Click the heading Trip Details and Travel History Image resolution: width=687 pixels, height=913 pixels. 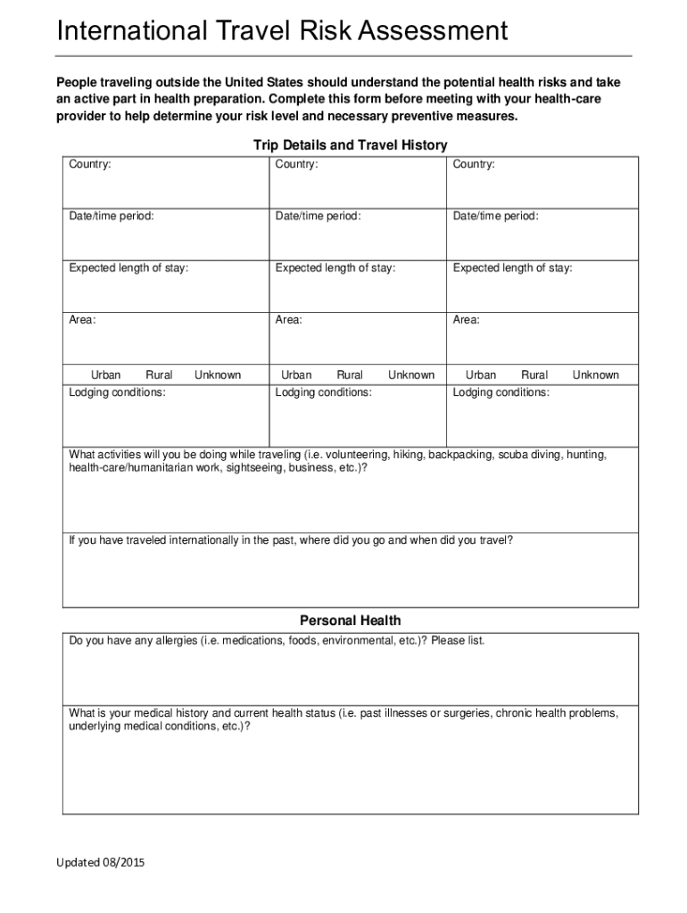pyautogui.click(x=350, y=144)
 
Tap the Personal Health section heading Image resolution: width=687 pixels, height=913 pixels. pyautogui.click(x=350, y=621)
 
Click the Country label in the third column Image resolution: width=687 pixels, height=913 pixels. pyautogui.click(x=474, y=165)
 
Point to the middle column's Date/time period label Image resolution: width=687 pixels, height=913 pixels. pyautogui.click(x=318, y=217)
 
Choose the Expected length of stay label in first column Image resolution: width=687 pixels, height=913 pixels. pyautogui.click(x=128, y=267)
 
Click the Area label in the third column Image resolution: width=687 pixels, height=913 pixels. pyautogui.click(x=466, y=319)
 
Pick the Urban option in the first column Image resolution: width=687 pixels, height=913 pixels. pyautogui.click(x=105, y=375)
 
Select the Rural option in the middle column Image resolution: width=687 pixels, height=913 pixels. pyautogui.click(x=350, y=375)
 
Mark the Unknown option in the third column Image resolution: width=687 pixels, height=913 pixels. pyautogui.click(x=595, y=375)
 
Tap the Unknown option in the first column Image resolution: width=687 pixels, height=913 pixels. pyautogui.click(x=218, y=375)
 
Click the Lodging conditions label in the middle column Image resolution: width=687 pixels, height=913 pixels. pyautogui.click(x=323, y=392)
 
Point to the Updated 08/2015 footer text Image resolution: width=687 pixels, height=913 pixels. pyautogui.click(x=100, y=863)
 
